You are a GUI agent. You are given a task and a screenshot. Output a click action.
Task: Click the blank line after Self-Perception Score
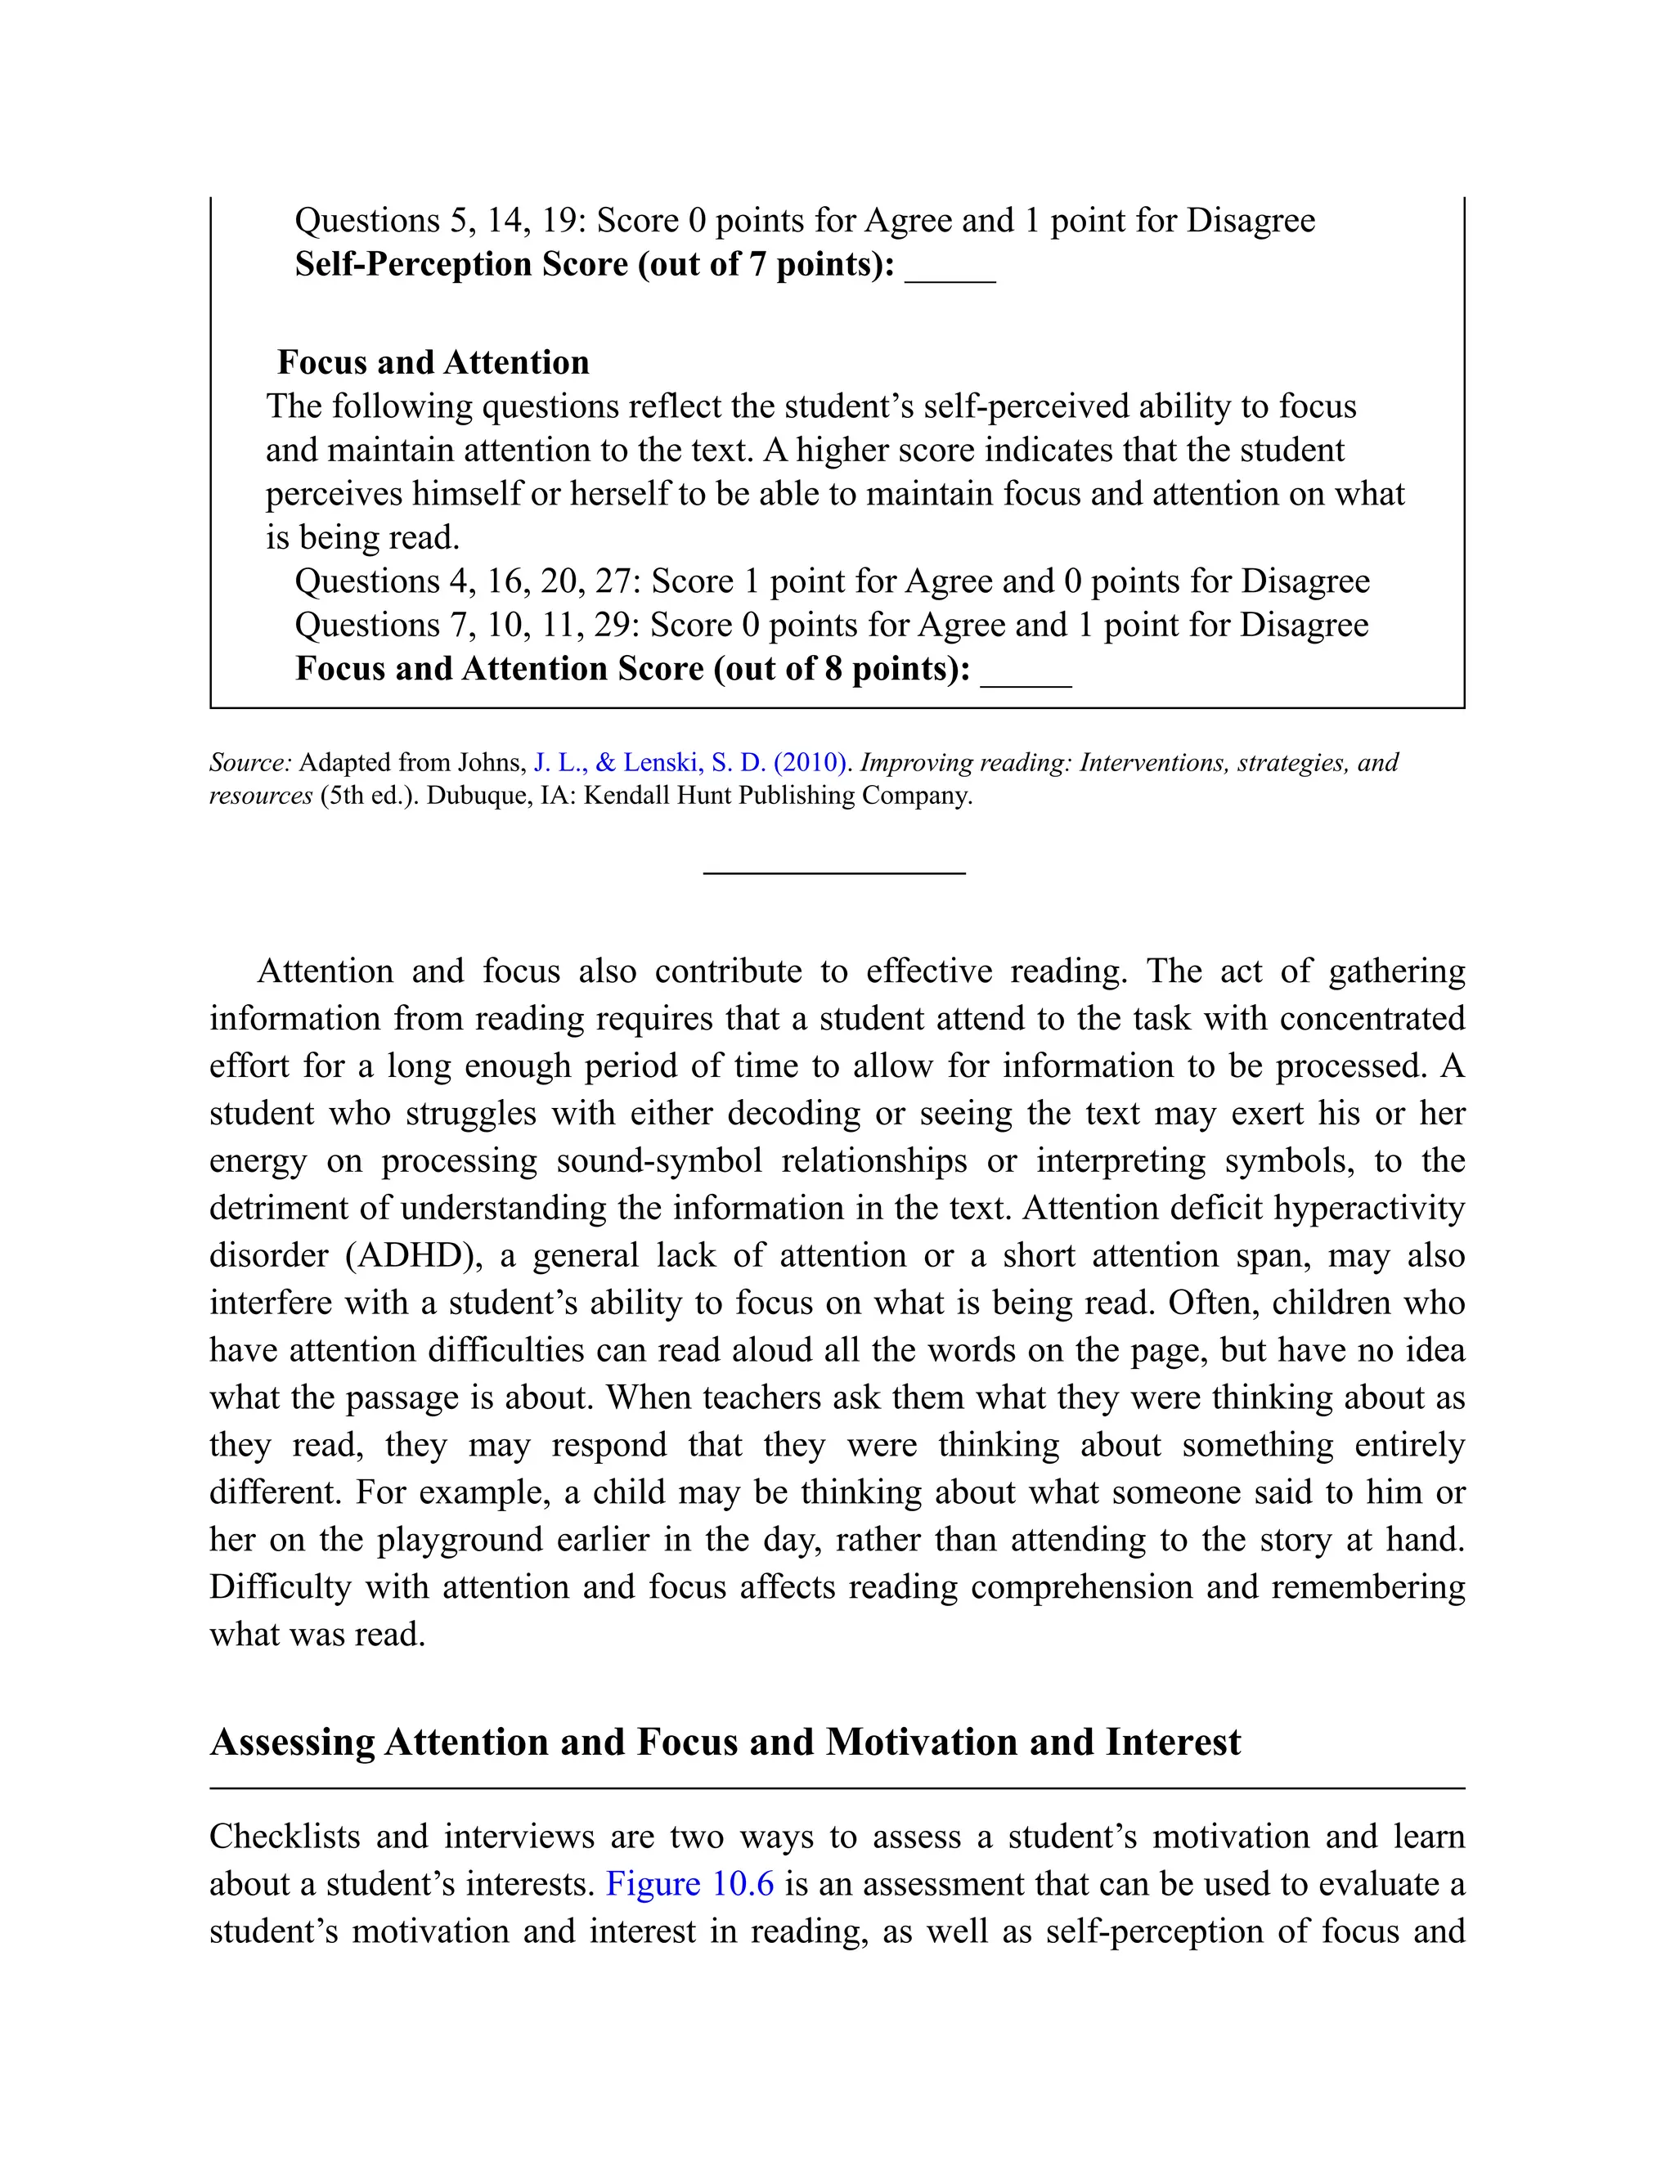[950, 278]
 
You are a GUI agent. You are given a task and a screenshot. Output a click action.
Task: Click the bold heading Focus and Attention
[433, 362]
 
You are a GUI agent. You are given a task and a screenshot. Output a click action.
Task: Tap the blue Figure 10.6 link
[689, 1883]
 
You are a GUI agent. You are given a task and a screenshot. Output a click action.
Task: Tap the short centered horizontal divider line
[833, 873]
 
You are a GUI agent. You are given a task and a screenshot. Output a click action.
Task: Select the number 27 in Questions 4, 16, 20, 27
[613, 581]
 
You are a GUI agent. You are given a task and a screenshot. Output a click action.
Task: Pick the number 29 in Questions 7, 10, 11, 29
[613, 625]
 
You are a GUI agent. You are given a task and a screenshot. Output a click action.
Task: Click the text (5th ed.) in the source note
[366, 796]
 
